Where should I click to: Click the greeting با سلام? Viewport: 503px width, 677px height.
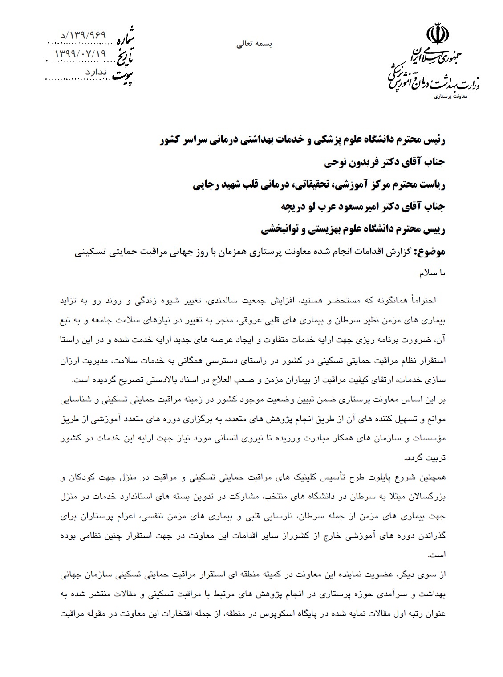coord(432,274)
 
